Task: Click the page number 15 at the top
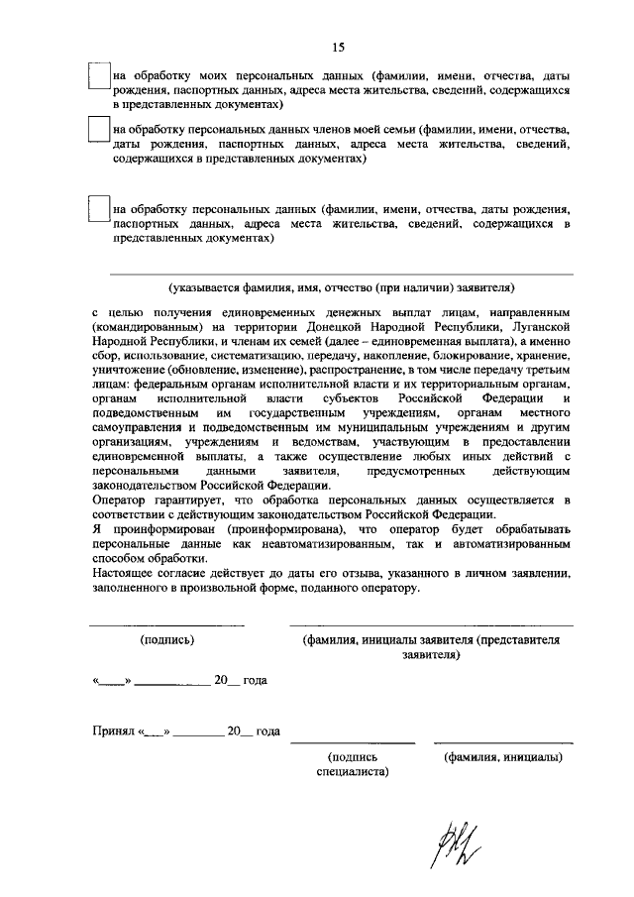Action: pos(338,47)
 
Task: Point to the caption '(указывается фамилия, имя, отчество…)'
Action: pos(341,288)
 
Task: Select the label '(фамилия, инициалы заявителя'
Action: pos(385,641)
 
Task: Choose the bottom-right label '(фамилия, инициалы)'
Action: pos(503,757)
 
